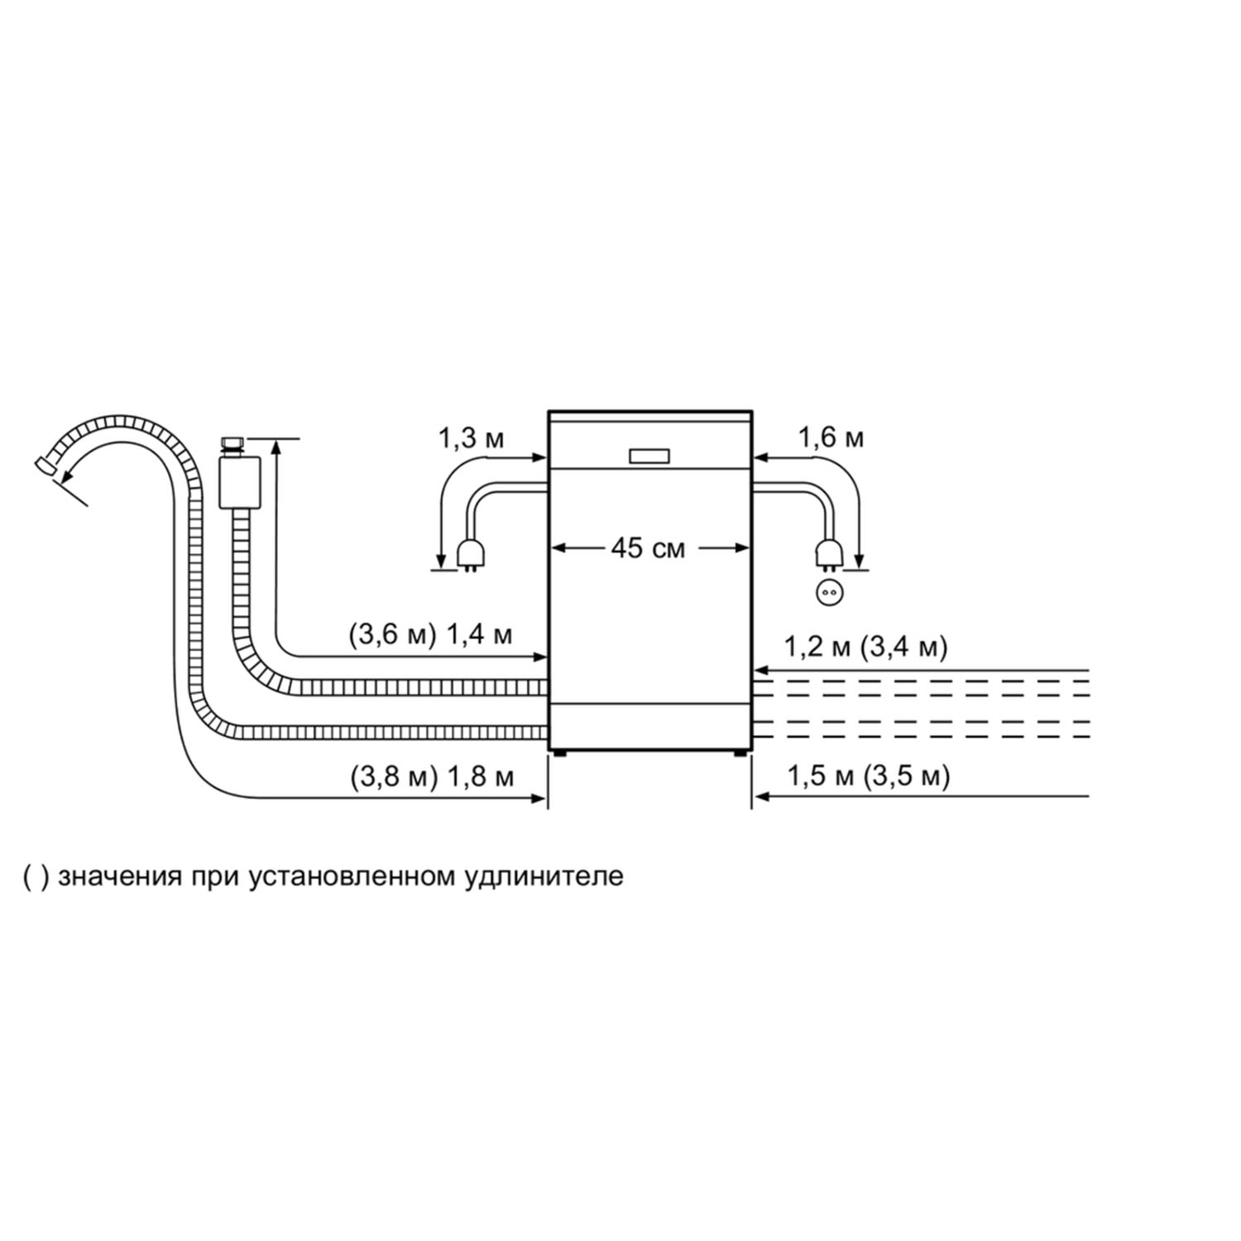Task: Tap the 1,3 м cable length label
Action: (x=471, y=438)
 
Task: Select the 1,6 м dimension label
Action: (x=831, y=438)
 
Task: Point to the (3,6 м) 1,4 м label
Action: (x=430, y=635)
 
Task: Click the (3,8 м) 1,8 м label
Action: (x=432, y=777)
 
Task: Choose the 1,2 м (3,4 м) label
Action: (x=865, y=646)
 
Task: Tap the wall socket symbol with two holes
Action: (x=828, y=592)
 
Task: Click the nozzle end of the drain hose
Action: (x=46, y=466)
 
